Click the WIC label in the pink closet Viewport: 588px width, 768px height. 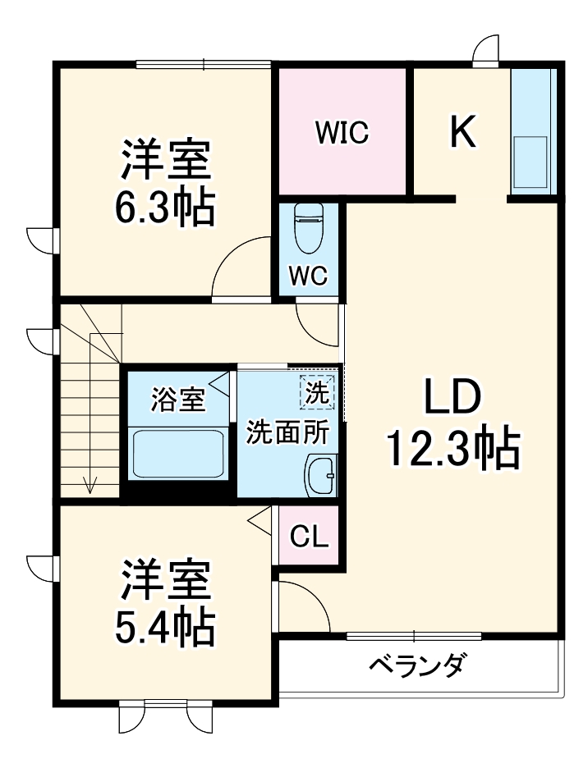coord(342,132)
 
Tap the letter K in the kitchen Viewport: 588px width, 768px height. coord(463,131)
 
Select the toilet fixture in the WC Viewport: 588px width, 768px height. coord(310,229)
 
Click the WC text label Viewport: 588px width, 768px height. coord(309,277)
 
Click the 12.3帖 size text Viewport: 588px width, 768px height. coord(453,449)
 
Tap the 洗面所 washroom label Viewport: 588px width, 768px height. coord(288,432)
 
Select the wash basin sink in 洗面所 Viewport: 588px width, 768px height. coord(321,475)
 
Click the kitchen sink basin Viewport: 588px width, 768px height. coord(531,162)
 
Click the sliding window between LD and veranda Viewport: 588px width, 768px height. coord(413,635)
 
